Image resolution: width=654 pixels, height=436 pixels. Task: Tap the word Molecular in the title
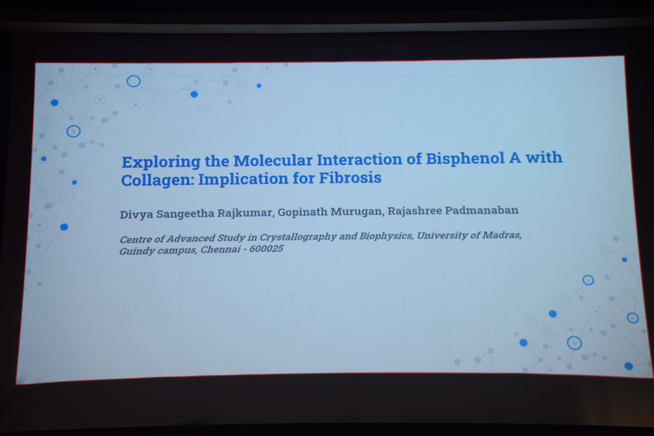click(273, 160)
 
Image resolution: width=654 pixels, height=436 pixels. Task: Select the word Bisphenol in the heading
click(465, 158)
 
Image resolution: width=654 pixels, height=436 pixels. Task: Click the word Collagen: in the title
click(157, 180)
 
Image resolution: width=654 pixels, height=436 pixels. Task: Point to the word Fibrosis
click(350, 178)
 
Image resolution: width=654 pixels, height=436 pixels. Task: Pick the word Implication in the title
click(243, 179)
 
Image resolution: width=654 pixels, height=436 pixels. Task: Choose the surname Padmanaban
click(482, 210)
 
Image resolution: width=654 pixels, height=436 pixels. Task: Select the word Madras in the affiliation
click(502, 235)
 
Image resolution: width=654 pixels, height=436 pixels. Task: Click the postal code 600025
click(266, 249)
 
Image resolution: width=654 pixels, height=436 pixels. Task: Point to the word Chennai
click(220, 249)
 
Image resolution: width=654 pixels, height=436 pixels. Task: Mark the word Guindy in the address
click(137, 251)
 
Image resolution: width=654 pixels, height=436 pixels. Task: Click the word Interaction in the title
click(359, 160)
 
